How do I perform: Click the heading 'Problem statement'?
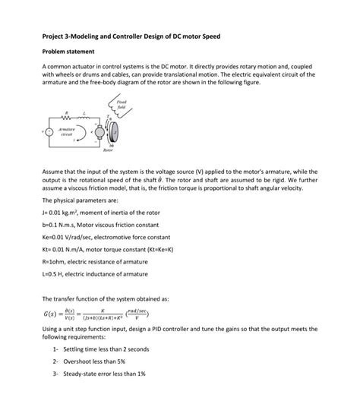coord(68,52)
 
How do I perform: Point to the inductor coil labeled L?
coord(87,119)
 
